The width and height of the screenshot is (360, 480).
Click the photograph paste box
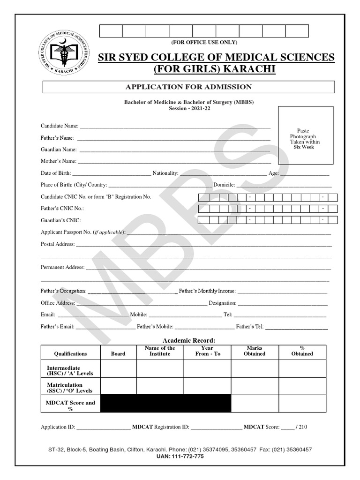[x=306, y=135]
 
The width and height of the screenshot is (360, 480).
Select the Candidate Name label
[x=60, y=126]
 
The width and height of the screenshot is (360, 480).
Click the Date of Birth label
[x=56, y=173]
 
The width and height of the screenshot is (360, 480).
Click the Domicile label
[x=224, y=185]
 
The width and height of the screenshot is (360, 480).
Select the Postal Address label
[x=58, y=244]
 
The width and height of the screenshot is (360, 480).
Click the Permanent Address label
[x=62, y=267]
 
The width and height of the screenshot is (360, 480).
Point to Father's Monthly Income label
[x=207, y=291]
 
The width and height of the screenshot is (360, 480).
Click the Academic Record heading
[x=188, y=340]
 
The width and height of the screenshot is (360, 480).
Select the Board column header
[x=118, y=354]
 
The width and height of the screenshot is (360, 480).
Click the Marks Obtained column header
[x=255, y=351]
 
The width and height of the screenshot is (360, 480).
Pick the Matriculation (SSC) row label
[x=70, y=388]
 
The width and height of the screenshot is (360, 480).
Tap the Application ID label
[x=58, y=427]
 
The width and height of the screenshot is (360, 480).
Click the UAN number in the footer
[x=180, y=457]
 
